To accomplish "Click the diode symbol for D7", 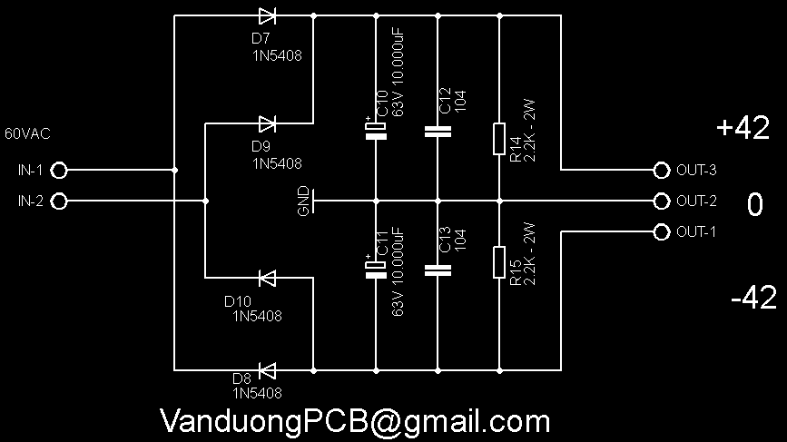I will pyautogui.click(x=267, y=15).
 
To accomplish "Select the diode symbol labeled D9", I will pyautogui.click(x=267, y=123).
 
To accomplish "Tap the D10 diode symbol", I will pyautogui.click(x=267, y=277).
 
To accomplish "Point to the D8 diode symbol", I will pyautogui.click(x=267, y=369).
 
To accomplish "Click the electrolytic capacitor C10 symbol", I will pyautogui.click(x=376, y=131).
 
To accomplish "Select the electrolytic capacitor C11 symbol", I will pyautogui.click(x=376, y=270).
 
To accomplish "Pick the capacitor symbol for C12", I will pyautogui.click(x=438, y=132).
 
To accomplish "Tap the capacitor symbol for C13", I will pyautogui.click(x=438, y=270).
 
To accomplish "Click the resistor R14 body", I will pyautogui.click(x=499, y=139).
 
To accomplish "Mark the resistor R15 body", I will pyautogui.click(x=499, y=261).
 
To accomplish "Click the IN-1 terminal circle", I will pyautogui.click(x=60, y=170).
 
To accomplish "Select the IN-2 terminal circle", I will pyautogui.click(x=60, y=201).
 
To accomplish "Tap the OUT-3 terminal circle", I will pyautogui.click(x=661, y=170).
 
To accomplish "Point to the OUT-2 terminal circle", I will pyautogui.click(x=661, y=201).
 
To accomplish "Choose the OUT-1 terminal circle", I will pyautogui.click(x=661, y=231).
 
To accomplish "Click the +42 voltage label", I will pyautogui.click(x=743, y=130).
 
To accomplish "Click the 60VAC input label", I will pyautogui.click(x=27, y=134).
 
